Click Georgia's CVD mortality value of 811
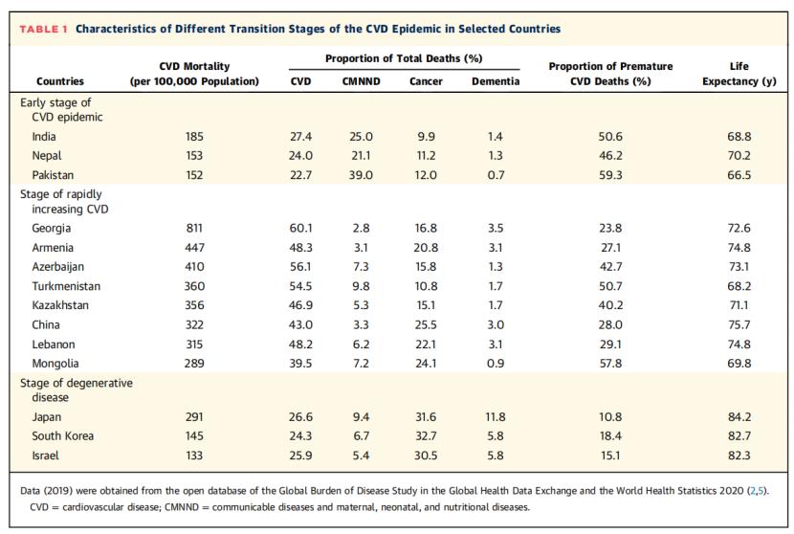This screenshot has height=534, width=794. tap(194, 228)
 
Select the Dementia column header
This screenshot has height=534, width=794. tap(496, 81)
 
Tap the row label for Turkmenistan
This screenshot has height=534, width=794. tap(66, 286)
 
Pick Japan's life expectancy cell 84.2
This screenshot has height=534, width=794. tap(739, 416)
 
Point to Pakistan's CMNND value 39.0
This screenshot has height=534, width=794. tap(361, 175)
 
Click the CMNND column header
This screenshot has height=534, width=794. tap(361, 81)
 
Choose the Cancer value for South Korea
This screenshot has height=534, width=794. tap(426, 435)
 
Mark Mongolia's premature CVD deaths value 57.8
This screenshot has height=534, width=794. tap(610, 364)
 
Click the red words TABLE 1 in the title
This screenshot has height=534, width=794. tap(43, 29)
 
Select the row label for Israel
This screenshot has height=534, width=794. tap(45, 455)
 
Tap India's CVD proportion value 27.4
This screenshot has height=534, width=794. tap(300, 137)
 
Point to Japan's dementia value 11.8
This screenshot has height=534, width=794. tap(496, 416)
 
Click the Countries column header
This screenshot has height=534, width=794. tap(60, 81)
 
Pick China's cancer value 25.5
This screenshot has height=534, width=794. tap(426, 324)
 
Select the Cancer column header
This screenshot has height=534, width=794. tap(426, 81)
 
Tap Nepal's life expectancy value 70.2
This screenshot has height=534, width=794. tap(739, 156)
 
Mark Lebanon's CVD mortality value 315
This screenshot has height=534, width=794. tap(194, 344)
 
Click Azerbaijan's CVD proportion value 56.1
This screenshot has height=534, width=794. tap(300, 267)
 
